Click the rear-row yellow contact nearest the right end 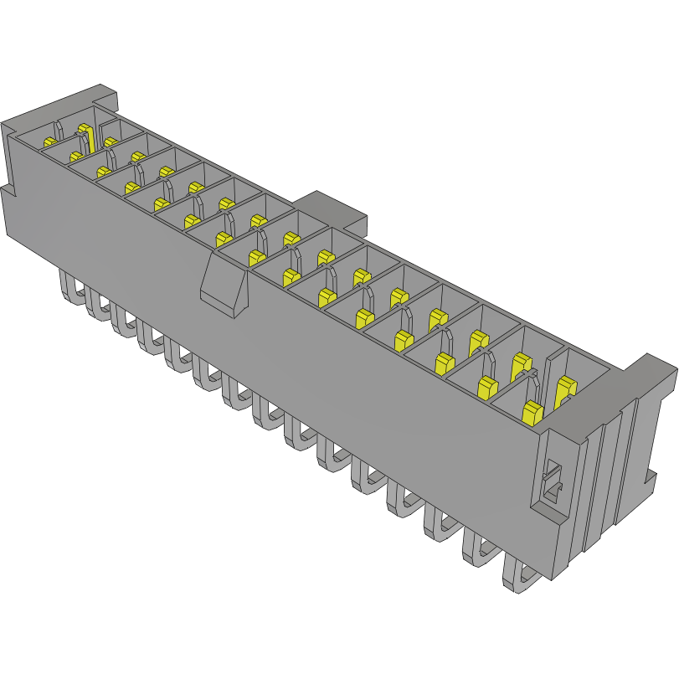[x=566, y=389]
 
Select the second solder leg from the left [x=96, y=306]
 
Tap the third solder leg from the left [x=124, y=322]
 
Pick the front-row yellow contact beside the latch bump [x=256, y=259]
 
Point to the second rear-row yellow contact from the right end [x=520, y=363]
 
